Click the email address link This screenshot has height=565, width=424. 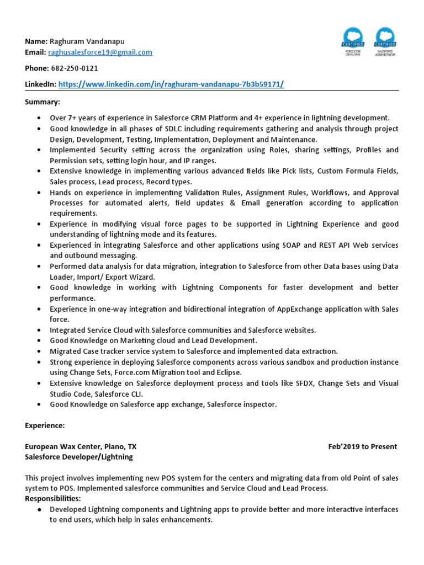pos(100,52)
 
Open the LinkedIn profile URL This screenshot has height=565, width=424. pos(171,84)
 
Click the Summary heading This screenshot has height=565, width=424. pos(43,102)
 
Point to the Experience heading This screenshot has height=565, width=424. pos(45,425)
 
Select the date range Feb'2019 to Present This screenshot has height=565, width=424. pos(362,446)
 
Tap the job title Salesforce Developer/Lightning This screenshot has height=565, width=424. pos(79,457)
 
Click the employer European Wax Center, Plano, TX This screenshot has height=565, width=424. pos(81,446)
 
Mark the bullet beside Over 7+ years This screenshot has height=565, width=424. pos(38,118)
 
